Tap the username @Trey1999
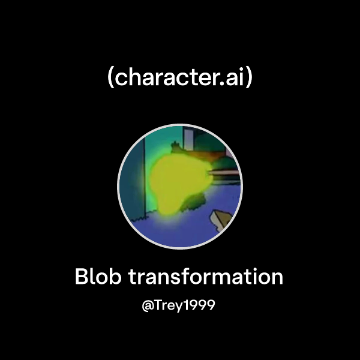[179, 305]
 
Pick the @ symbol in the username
[148, 305]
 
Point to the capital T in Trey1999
[160, 305]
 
